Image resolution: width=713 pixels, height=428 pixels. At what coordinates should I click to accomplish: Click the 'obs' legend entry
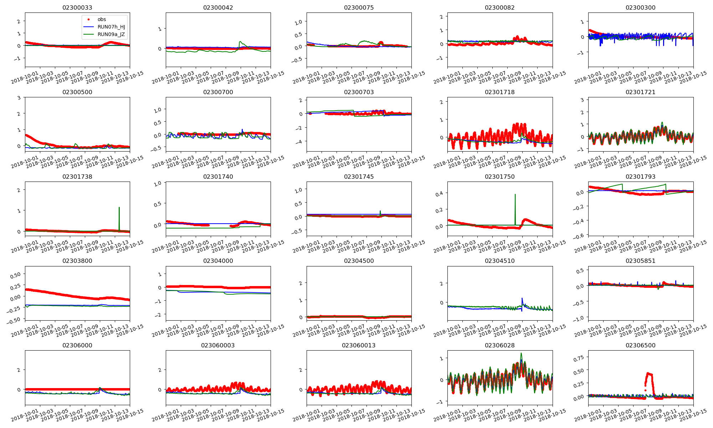coord(102,19)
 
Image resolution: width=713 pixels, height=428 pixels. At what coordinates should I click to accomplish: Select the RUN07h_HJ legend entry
coord(111,27)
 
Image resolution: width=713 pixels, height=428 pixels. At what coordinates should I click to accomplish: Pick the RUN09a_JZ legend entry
coord(111,35)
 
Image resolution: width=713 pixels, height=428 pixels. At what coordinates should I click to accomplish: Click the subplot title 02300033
coord(77,7)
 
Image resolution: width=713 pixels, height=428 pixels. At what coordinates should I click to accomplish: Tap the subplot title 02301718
coord(500,92)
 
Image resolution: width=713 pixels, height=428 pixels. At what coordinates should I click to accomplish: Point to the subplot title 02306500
coord(641,345)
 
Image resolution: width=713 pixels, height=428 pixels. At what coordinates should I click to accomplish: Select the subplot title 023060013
coord(359,345)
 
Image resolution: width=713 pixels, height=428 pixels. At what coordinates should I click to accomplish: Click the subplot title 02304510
coord(500,261)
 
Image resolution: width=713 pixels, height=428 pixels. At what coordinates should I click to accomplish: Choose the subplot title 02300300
coord(641,7)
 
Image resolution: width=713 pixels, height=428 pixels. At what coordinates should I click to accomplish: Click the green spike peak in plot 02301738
coord(119,207)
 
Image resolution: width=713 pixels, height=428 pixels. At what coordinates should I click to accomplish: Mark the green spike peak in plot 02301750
coord(515,194)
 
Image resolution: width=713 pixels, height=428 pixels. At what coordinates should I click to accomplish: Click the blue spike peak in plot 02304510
coord(522,298)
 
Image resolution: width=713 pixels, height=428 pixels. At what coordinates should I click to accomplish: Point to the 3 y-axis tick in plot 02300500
coord(19,97)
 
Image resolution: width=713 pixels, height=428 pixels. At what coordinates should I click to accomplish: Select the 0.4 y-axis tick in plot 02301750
coord(439,194)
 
